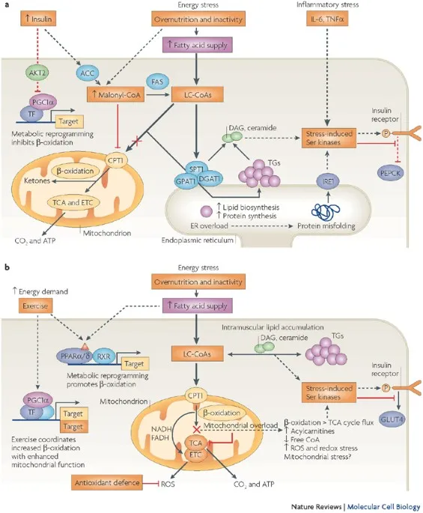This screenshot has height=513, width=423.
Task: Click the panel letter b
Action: click(7, 267)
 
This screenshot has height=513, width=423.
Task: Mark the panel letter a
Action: click(7, 6)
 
